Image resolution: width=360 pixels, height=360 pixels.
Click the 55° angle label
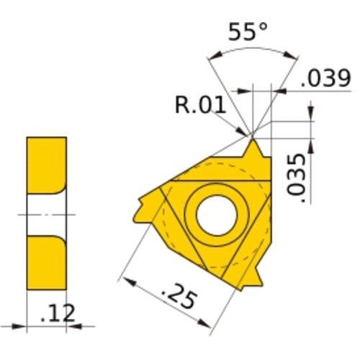pyautogui.click(x=247, y=32)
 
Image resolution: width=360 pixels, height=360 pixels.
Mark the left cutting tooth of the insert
pyautogui.click(x=144, y=205)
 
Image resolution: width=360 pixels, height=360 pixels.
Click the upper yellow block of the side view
pyautogui.click(x=47, y=164)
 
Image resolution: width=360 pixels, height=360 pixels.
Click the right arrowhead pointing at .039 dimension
pyautogui.click(x=281, y=91)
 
